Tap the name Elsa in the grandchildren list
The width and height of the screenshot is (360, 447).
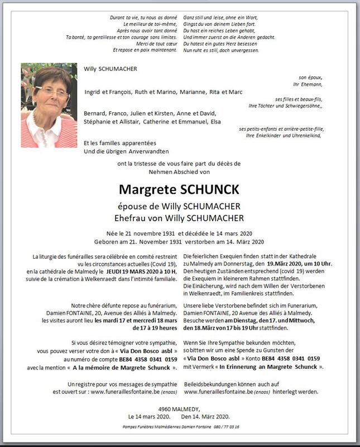pyautogui.click(x=215, y=121)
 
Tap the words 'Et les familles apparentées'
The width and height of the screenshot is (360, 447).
pyautogui.click(x=120, y=143)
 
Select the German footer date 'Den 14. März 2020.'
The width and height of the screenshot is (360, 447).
pyautogui.click(x=205, y=417)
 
